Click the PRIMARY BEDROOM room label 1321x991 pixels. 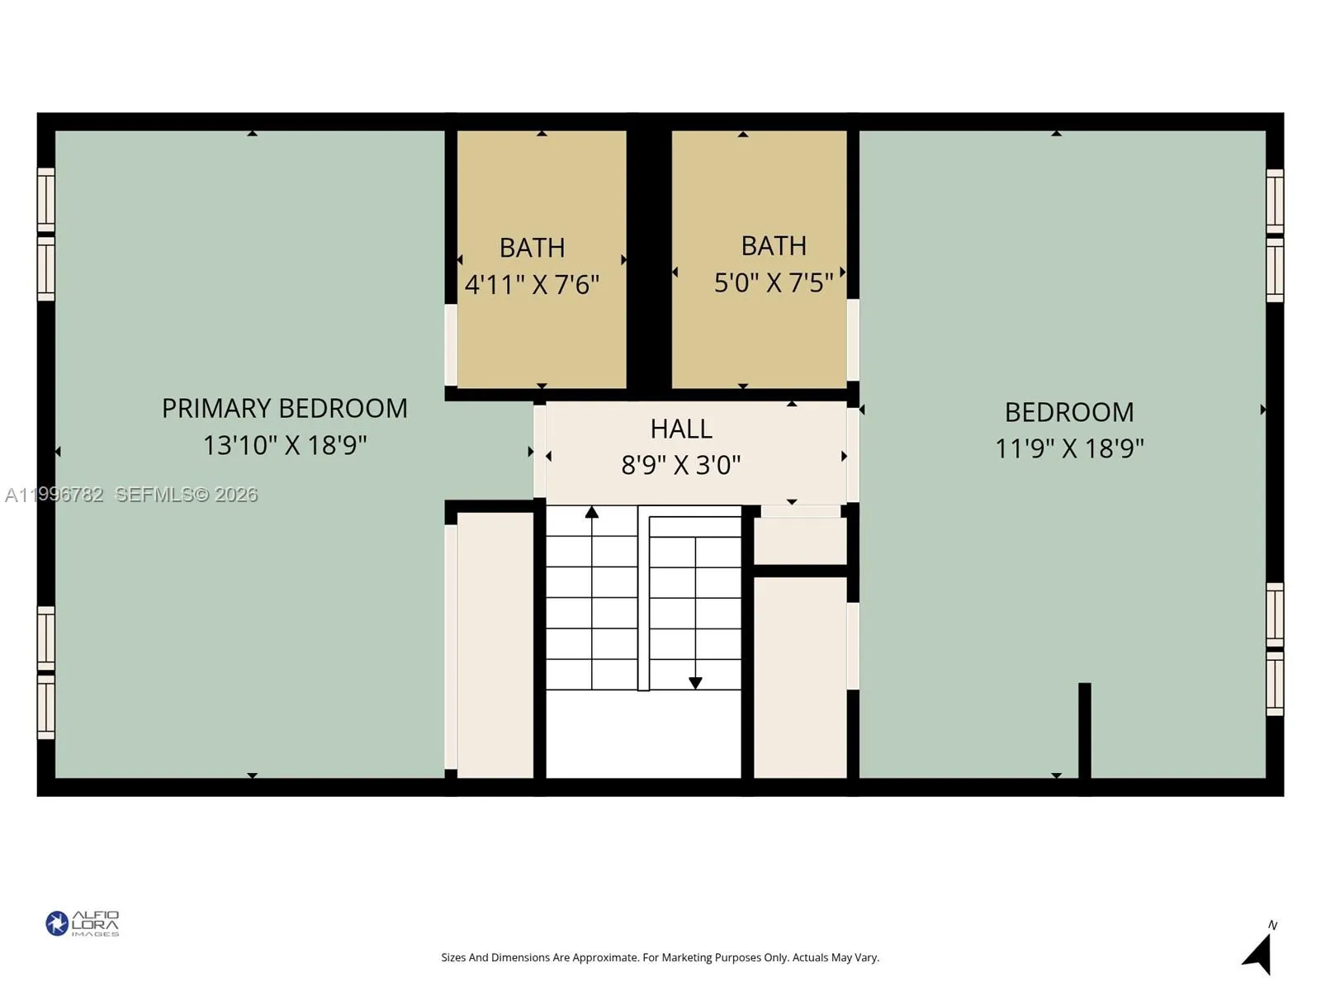point(284,408)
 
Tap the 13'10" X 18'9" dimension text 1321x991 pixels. point(284,445)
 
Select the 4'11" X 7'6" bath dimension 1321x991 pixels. point(532,285)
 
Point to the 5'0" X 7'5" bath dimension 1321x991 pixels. point(774,282)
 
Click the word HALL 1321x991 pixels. point(681,429)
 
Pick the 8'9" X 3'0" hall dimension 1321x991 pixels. point(681,465)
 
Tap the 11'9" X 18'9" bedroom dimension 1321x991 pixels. point(1069,448)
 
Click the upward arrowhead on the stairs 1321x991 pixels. point(592,513)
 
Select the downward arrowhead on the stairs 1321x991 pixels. point(695,683)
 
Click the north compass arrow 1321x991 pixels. point(1258,954)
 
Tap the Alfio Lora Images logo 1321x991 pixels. point(83,923)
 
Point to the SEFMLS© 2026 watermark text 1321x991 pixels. point(187,495)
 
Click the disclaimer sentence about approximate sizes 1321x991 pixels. point(660,958)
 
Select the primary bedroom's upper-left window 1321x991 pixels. point(46,199)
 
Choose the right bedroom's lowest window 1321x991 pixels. point(1275,684)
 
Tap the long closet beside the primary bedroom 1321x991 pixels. point(495,644)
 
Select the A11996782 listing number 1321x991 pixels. point(54,495)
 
